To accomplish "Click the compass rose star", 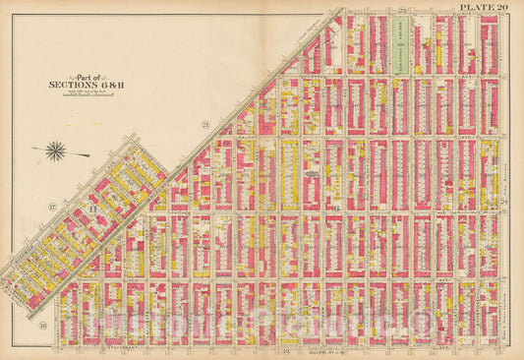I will (57, 150).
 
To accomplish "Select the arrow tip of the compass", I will (32, 150).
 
